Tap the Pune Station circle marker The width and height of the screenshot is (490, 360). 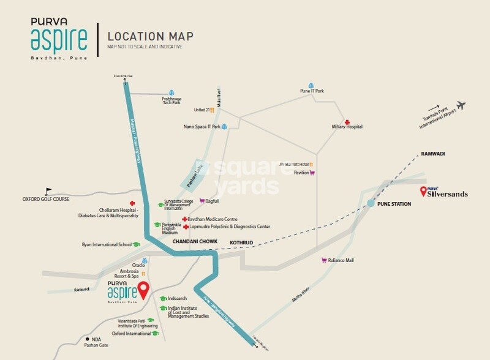(x=371, y=203)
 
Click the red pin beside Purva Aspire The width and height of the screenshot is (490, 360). (x=143, y=290)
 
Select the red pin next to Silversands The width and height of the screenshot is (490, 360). (x=423, y=192)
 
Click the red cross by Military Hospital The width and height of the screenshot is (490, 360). (x=347, y=122)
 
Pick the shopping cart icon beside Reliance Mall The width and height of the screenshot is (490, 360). (x=324, y=260)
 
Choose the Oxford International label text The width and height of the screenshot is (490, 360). (x=130, y=334)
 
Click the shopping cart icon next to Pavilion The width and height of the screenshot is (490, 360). (x=312, y=173)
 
